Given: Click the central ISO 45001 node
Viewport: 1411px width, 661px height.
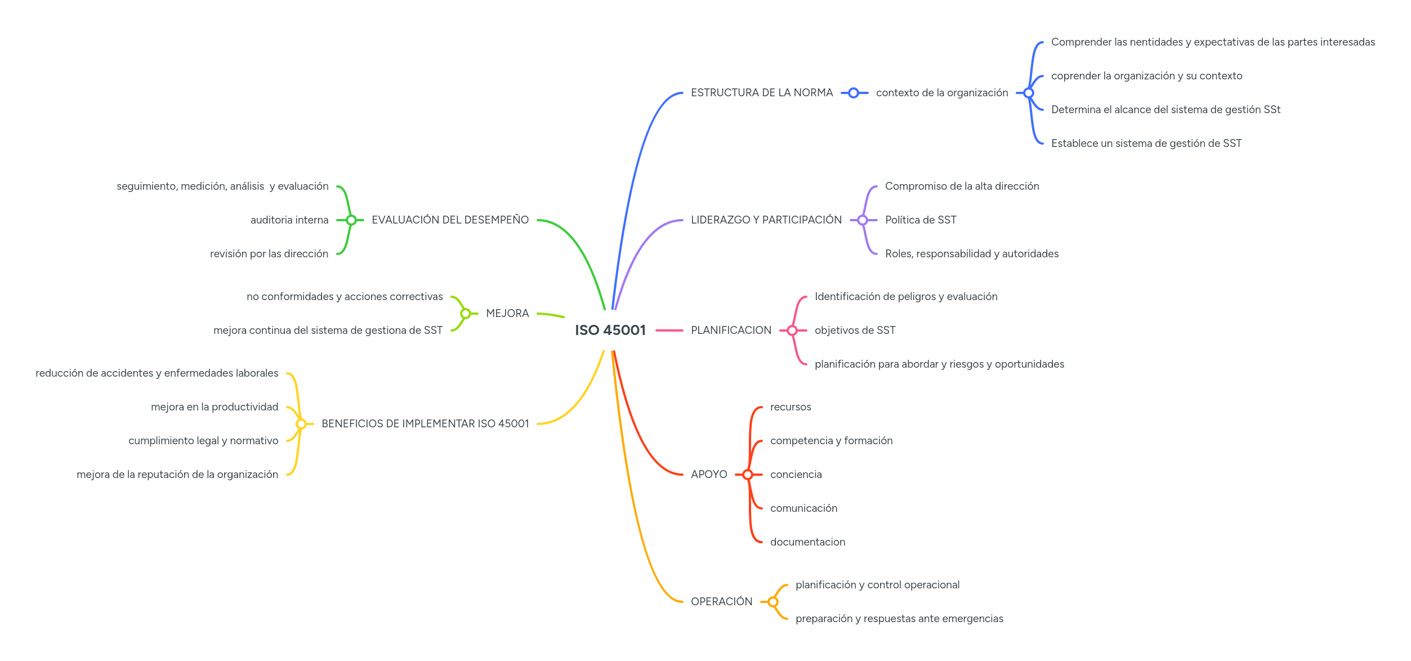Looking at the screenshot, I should (x=610, y=330).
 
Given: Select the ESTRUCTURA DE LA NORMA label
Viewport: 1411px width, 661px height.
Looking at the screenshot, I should (x=761, y=93).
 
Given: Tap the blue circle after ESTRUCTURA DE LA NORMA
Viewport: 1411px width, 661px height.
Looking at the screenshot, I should (x=853, y=93).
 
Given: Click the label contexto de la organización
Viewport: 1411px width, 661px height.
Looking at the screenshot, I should (x=941, y=93).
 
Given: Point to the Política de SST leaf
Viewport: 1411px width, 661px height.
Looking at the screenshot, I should (x=920, y=220).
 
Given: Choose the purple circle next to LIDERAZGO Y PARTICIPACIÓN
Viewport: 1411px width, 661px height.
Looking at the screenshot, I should (x=862, y=220).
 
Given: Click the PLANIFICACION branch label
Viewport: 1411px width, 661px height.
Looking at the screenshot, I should (x=731, y=331).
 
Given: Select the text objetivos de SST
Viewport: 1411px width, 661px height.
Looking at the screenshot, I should (x=854, y=331).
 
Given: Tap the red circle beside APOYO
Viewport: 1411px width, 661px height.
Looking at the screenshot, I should (x=747, y=475).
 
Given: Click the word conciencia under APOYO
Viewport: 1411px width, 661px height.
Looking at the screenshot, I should (x=796, y=475).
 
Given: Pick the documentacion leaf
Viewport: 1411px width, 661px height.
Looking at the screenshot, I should (x=807, y=542).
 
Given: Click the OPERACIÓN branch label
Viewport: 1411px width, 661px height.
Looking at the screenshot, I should (x=721, y=602).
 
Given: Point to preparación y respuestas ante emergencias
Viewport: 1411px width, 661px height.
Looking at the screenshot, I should (x=899, y=619).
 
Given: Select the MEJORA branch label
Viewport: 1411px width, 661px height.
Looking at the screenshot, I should (x=507, y=314).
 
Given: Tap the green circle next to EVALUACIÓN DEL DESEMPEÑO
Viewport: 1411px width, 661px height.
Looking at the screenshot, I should (x=351, y=220).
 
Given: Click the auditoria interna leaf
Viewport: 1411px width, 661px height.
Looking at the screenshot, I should (x=289, y=220).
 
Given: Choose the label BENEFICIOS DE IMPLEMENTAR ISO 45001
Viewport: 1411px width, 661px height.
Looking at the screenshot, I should (x=425, y=424).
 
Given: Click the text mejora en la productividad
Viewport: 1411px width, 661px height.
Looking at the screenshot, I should (x=214, y=407).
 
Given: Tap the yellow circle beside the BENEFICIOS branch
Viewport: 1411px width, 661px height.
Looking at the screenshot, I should (x=301, y=424).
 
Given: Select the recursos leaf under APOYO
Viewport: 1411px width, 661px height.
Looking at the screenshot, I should (x=790, y=407).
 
